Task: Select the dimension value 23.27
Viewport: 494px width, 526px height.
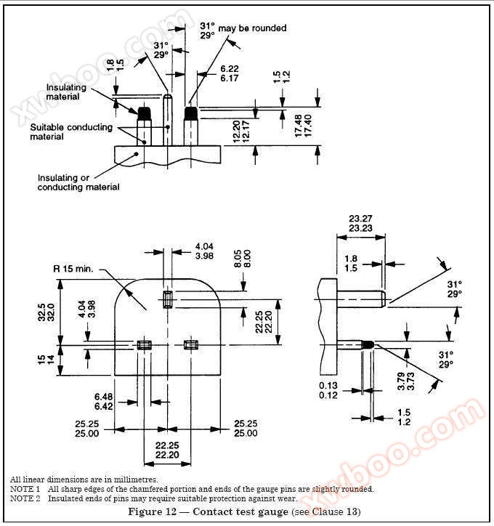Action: point(360,218)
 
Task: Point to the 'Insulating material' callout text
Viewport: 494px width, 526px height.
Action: point(66,92)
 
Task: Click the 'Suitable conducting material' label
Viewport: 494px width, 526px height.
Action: point(71,131)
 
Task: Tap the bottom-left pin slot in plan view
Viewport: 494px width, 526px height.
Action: point(144,344)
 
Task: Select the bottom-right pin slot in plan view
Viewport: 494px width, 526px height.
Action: point(192,344)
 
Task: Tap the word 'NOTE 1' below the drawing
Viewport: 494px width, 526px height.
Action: point(25,489)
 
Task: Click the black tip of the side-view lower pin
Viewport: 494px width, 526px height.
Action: point(368,344)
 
